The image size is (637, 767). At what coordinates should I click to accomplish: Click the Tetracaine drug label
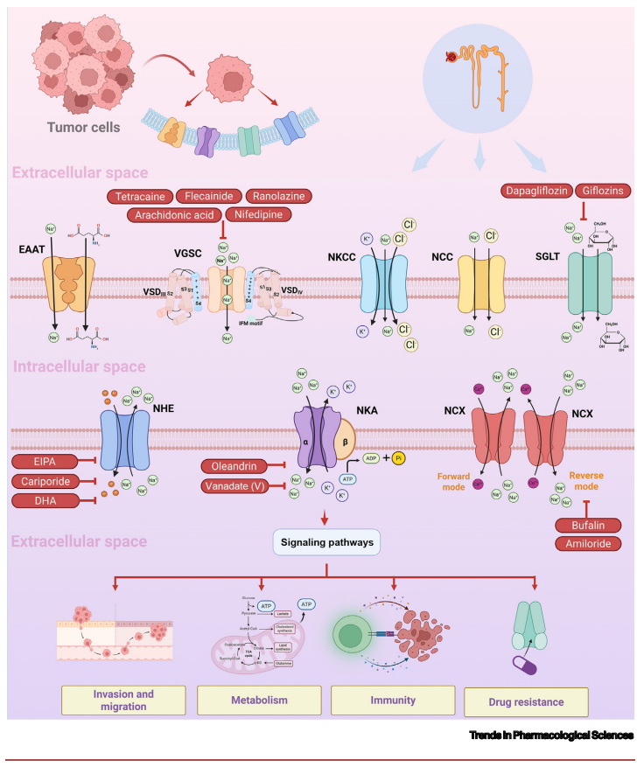click(139, 196)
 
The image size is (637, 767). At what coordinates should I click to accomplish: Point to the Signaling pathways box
click(326, 541)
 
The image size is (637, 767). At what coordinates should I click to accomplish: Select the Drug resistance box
click(537, 701)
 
